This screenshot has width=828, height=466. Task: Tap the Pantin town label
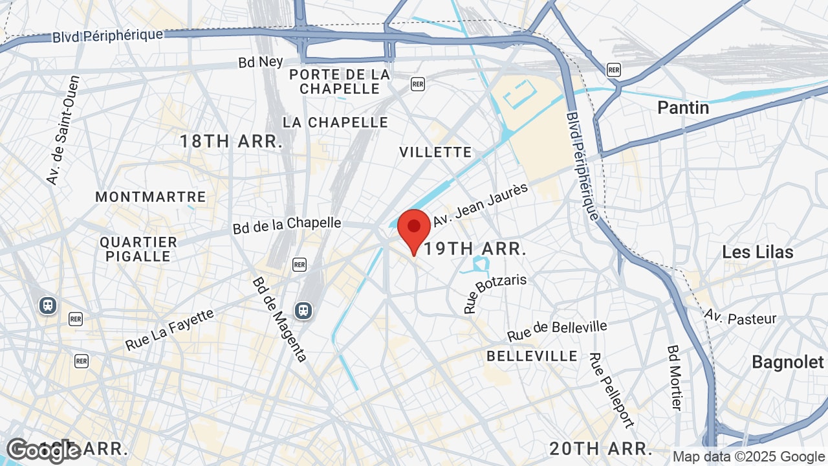click(682, 107)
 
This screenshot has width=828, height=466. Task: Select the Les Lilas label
click(757, 252)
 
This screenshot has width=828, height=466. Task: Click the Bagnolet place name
click(787, 362)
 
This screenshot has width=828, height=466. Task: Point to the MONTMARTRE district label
click(151, 197)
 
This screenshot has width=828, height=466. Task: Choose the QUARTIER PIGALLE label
click(138, 249)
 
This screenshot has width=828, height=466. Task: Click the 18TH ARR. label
click(231, 141)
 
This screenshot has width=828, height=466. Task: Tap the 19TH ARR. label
click(475, 249)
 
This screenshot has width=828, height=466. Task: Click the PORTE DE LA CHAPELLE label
click(340, 82)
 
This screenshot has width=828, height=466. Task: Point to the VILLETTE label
click(435, 152)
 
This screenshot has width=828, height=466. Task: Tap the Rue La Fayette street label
click(169, 329)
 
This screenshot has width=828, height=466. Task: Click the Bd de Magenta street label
click(279, 319)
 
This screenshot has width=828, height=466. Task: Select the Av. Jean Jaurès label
click(481, 204)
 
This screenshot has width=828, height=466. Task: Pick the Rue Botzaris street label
click(495, 294)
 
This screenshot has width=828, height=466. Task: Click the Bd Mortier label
click(675, 377)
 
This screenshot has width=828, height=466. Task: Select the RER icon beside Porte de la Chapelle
click(418, 84)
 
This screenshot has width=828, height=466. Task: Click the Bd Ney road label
click(261, 61)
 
